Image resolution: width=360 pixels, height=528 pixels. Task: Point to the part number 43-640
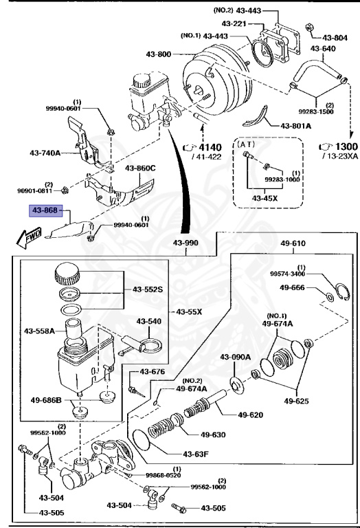tap(324, 49)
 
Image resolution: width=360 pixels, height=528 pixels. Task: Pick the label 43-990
tap(186, 244)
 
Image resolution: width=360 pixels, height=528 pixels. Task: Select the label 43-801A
tap(296, 126)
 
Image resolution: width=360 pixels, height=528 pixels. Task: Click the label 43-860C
tap(140, 168)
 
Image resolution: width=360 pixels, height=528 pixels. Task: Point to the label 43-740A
tap(46, 152)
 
